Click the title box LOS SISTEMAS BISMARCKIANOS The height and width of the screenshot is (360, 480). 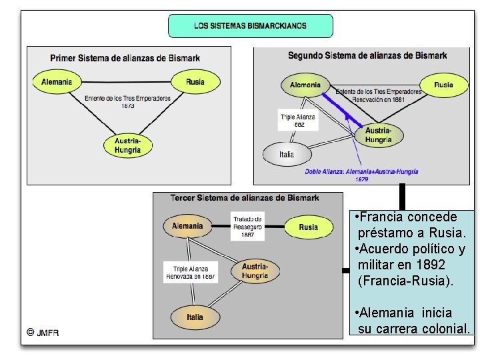[x=250, y=26]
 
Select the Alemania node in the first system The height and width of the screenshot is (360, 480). [x=57, y=82]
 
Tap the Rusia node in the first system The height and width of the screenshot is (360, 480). [x=195, y=82]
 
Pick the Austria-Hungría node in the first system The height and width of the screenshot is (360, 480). [x=127, y=145]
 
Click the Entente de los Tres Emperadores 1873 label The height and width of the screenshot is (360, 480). [x=127, y=101]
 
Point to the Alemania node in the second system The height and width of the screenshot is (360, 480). [x=305, y=85]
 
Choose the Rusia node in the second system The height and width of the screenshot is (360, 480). [x=443, y=85]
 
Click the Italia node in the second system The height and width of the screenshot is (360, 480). [x=287, y=154]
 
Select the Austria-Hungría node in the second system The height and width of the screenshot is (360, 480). [x=379, y=135]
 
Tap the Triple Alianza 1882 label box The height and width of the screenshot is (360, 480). [x=298, y=120]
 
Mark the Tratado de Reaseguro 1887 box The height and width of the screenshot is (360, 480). [x=247, y=227]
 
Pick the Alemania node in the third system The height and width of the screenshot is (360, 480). [x=187, y=226]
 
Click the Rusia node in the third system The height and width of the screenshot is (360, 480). [x=308, y=227]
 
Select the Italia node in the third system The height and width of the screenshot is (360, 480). [x=195, y=317]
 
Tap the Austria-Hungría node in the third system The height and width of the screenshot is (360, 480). [x=255, y=271]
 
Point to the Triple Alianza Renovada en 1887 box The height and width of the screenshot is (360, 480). [x=191, y=273]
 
